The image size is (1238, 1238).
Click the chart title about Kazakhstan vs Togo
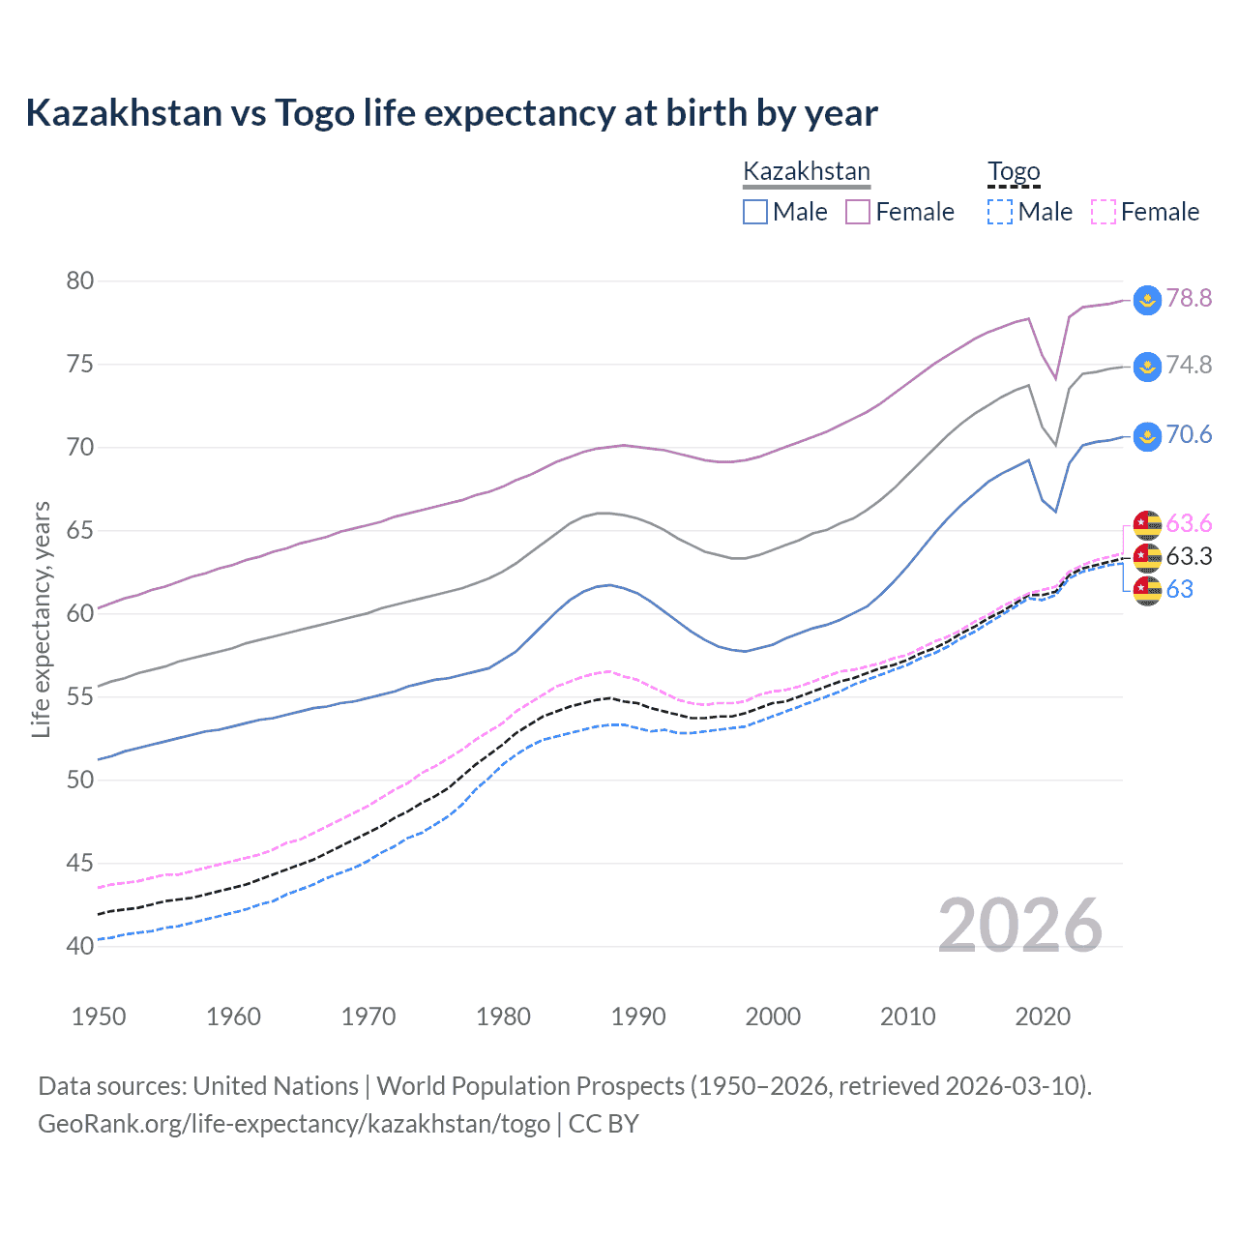(451, 113)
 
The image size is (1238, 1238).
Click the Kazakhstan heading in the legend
(807, 171)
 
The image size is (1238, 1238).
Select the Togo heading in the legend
(1014, 171)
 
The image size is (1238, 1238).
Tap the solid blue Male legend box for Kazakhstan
(755, 212)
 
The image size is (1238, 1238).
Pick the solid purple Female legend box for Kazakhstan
(858, 212)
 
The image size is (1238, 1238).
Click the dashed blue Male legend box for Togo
(1000, 212)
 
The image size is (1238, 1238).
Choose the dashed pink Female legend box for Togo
(1104, 212)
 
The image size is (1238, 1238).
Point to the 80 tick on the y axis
(80, 281)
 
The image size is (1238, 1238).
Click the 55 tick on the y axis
(80, 696)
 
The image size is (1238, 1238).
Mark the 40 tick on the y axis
(80, 946)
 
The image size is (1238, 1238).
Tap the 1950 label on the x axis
(99, 1017)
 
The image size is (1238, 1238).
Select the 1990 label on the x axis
(638, 1017)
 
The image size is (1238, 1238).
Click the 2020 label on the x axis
(1043, 1017)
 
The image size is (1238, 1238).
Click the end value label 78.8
(1189, 298)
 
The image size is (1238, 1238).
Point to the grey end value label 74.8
(1189, 365)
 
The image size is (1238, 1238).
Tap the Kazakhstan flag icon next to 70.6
(1147, 435)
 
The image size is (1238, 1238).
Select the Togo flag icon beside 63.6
(1147, 524)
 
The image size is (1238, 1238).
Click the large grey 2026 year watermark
(1019, 926)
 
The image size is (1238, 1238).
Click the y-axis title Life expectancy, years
(42, 619)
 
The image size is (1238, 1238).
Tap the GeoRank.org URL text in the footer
(293, 1124)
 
